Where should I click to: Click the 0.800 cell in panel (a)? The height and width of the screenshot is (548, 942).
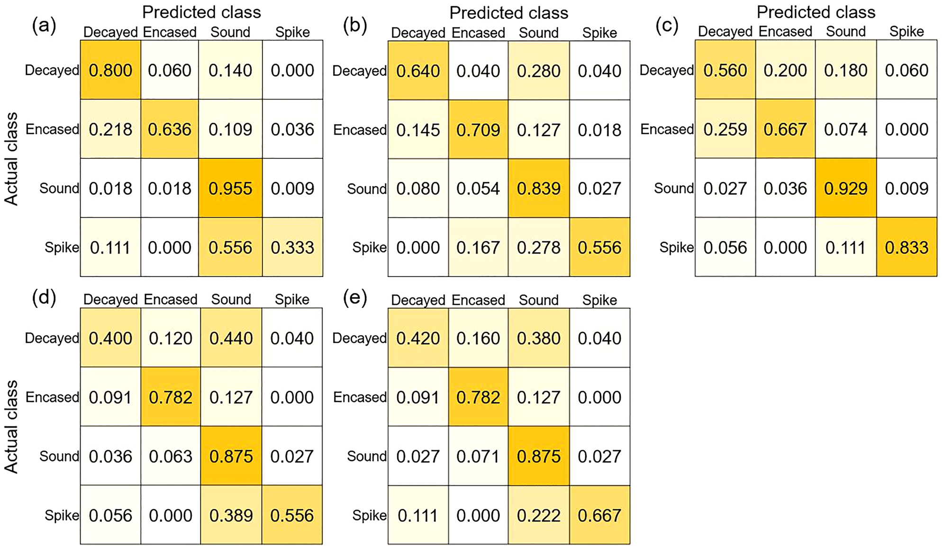[x=110, y=70]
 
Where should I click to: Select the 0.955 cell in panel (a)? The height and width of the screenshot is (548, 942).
[x=230, y=188]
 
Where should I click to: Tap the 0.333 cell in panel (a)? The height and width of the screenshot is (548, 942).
[x=292, y=247]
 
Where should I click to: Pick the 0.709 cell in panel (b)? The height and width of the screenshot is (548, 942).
[x=478, y=129]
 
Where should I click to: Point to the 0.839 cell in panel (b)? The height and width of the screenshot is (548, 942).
[x=539, y=189]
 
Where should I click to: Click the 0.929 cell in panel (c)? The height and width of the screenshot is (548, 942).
[x=846, y=188]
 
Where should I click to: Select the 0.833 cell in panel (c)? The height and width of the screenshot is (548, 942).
[x=906, y=247]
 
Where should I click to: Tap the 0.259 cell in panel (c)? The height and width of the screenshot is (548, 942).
[x=725, y=129]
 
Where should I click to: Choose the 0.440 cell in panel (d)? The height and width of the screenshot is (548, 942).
[x=231, y=338]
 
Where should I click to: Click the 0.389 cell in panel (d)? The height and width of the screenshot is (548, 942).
[x=231, y=515]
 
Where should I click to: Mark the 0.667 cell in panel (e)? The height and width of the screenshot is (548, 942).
[x=599, y=515]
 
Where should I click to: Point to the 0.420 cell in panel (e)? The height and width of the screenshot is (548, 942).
[x=418, y=338]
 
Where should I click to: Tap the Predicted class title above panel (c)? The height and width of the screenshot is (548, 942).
[x=816, y=12]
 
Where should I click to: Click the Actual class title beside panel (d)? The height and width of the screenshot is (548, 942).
[x=11, y=427]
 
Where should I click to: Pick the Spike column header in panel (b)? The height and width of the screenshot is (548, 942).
[x=599, y=33]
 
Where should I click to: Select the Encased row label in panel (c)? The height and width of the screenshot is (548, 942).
[x=667, y=129]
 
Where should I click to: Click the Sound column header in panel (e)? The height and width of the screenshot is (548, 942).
[x=539, y=300]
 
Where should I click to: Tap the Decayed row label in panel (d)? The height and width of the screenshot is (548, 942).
[x=52, y=338]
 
